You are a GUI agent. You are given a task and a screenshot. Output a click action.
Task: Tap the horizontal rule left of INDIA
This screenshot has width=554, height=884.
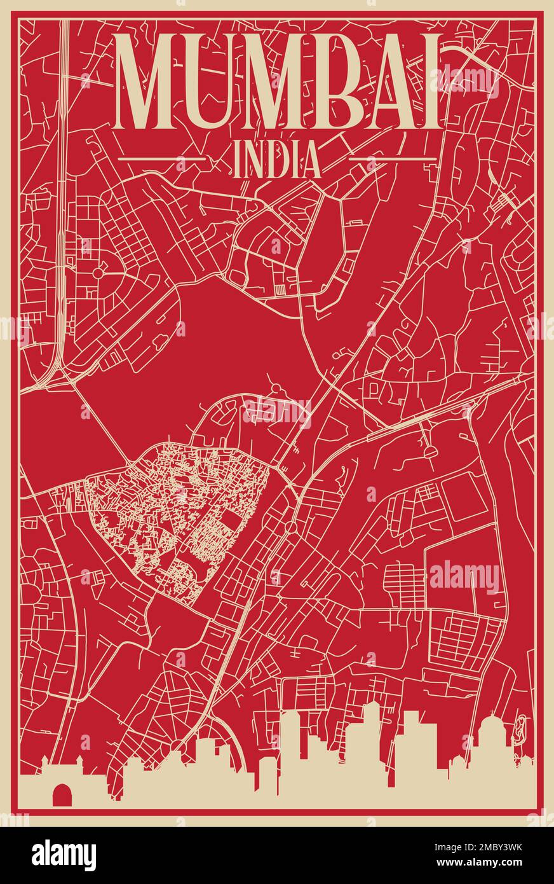point(163,158)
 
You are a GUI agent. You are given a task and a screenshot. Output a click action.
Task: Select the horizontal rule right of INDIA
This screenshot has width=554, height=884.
point(393,158)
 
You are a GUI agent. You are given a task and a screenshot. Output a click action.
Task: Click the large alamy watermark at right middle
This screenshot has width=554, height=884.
point(464,577)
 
